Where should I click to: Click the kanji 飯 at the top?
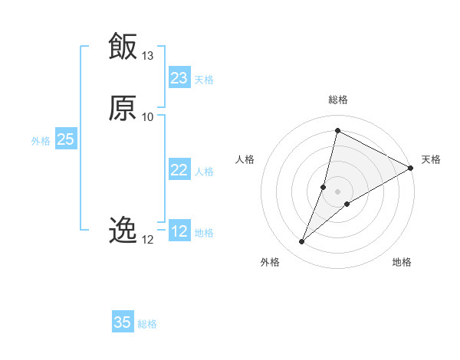(x=123, y=46)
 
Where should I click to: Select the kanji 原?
(x=123, y=108)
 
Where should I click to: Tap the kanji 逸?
(x=123, y=229)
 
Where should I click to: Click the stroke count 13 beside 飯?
(x=148, y=56)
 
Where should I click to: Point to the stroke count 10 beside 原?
(x=148, y=116)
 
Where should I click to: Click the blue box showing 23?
(x=179, y=78)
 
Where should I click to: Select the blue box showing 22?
(x=179, y=170)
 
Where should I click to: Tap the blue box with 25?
(x=66, y=139)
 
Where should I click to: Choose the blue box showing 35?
(x=123, y=322)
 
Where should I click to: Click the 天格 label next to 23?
(x=204, y=80)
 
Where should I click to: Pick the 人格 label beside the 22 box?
(x=204, y=172)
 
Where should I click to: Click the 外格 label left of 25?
(x=41, y=141)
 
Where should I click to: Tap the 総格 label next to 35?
(x=147, y=324)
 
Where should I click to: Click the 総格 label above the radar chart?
(x=337, y=100)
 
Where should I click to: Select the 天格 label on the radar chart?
(x=431, y=159)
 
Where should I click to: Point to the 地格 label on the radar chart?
(x=402, y=262)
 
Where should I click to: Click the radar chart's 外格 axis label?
(x=270, y=262)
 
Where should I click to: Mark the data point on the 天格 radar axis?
(x=410, y=168)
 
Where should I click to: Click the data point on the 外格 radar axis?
(x=302, y=242)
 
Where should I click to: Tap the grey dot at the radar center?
(x=337, y=191)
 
